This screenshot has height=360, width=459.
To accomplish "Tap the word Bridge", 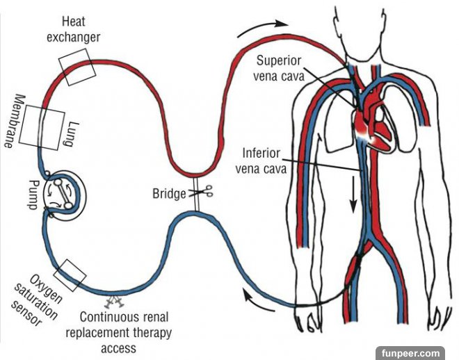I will coord(169,193).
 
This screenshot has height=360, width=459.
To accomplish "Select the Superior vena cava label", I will coord(280,69).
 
